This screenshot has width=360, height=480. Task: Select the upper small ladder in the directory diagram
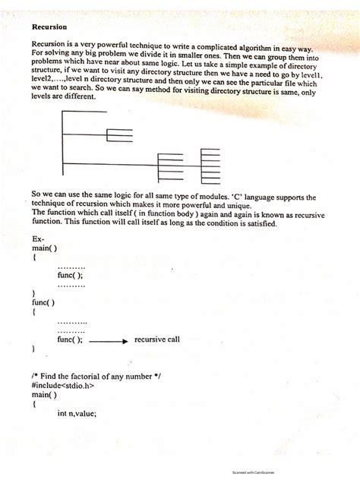119,137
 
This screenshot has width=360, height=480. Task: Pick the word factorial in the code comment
92,377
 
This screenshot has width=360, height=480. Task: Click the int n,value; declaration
77,414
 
